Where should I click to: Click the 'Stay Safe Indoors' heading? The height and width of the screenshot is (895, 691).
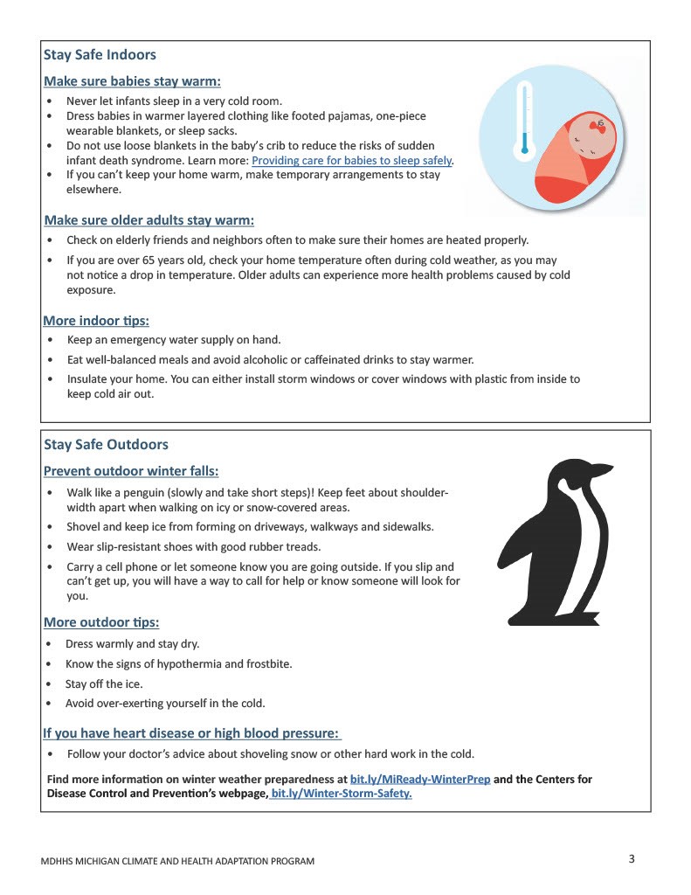click(x=100, y=55)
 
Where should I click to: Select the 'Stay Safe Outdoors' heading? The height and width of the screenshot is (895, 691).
click(x=106, y=445)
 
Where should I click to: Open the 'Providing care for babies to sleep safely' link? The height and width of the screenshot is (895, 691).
click(x=351, y=161)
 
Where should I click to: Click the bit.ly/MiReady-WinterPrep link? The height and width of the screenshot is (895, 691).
click(x=419, y=780)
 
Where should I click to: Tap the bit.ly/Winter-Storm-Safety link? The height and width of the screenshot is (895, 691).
click(x=342, y=794)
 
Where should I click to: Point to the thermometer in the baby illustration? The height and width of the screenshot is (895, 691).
click(x=524, y=119)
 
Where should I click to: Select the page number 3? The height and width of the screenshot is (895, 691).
click(x=631, y=858)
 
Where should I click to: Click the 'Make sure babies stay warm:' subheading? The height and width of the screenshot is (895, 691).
click(x=132, y=82)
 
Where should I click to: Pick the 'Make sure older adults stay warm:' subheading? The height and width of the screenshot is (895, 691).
click(x=149, y=220)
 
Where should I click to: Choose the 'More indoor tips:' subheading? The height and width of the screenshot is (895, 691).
click(x=96, y=321)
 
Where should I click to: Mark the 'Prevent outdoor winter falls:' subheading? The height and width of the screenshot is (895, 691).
click(x=130, y=472)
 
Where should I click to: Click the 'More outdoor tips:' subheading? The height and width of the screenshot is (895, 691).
click(x=101, y=623)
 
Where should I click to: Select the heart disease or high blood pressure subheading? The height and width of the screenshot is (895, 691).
click(x=191, y=733)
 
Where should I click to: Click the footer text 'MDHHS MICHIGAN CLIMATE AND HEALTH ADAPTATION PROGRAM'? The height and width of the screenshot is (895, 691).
click(x=177, y=862)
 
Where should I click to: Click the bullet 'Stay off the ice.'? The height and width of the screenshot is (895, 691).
click(x=104, y=684)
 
